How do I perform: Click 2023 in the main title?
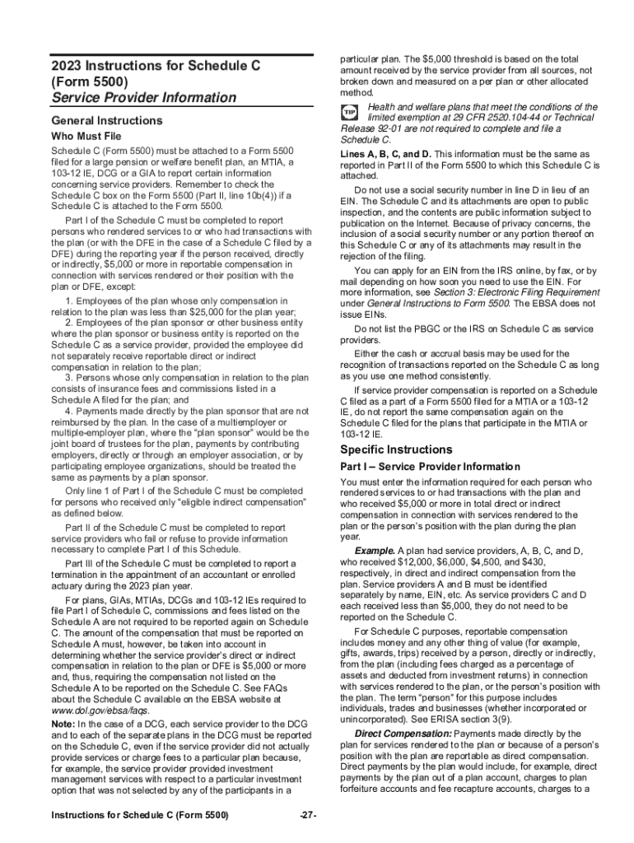tap(67, 64)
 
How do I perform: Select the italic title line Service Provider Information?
tap(143, 98)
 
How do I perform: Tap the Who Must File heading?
tap(86, 136)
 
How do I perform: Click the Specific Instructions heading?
tap(396, 449)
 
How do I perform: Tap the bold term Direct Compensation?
tap(403, 733)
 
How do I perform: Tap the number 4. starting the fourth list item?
tap(68, 411)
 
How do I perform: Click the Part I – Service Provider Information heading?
tap(430, 467)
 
